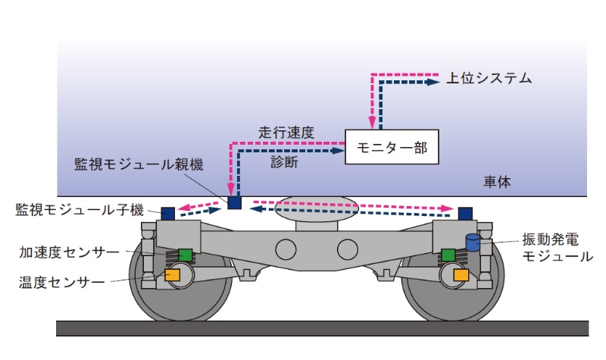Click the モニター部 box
click(391, 149)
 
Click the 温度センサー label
click(61, 282)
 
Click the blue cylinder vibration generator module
click(473, 243)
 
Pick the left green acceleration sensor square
click(186, 255)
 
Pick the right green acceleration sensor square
click(448, 255)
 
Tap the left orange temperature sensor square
click(172, 275)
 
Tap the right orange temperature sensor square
click(460, 275)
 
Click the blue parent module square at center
click(235, 202)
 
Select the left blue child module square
click(167, 213)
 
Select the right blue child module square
click(465, 213)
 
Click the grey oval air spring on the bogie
click(317, 209)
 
